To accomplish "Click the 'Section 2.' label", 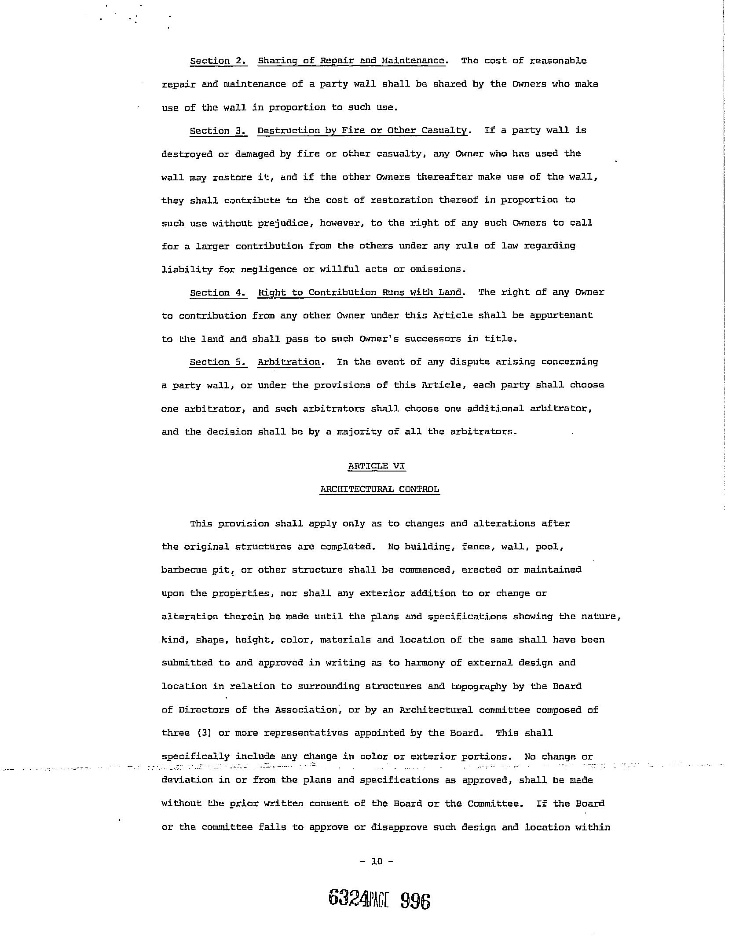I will [x=218, y=61].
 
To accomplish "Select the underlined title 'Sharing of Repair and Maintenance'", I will [x=351, y=61].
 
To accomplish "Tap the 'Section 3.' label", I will [x=218, y=131].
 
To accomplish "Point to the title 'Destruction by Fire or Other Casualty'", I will [x=362, y=131].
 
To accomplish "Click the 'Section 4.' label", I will [x=218, y=293].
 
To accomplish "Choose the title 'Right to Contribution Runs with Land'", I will [x=359, y=293].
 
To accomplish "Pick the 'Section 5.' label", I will [x=218, y=362].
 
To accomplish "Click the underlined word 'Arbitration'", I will [x=289, y=362].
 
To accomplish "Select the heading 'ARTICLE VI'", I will [x=376, y=466].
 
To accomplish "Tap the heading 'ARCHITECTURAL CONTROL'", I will [x=379, y=490].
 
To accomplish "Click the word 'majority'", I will [x=359, y=432].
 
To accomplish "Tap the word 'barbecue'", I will [x=184, y=570].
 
